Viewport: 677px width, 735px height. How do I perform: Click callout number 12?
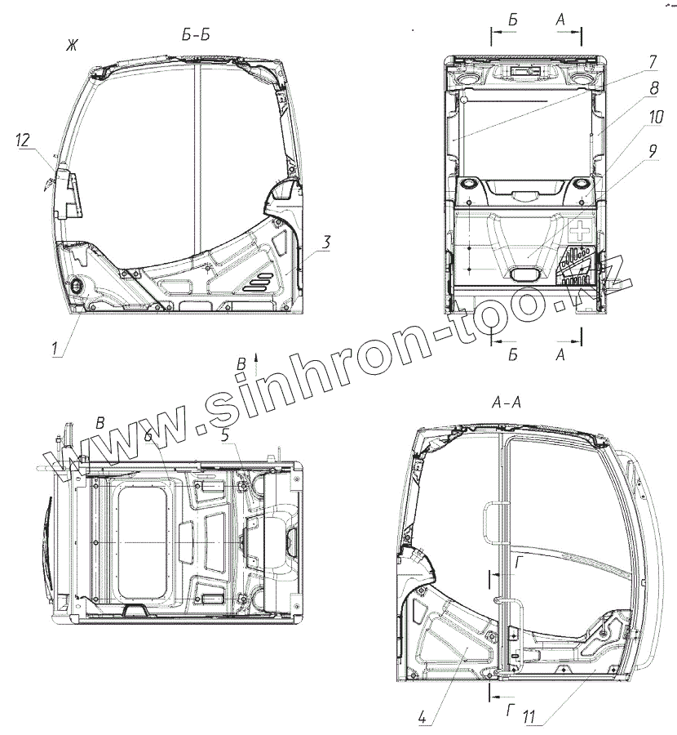click(x=23, y=140)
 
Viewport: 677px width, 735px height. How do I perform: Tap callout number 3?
click(x=326, y=243)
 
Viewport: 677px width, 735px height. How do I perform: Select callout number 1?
click(x=55, y=348)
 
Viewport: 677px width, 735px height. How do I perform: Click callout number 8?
click(x=654, y=88)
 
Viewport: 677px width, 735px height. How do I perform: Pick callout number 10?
click(x=656, y=117)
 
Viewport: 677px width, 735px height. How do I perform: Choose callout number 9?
click(x=653, y=151)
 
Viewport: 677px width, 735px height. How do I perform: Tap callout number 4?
click(x=422, y=718)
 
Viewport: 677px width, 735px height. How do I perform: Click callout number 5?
click(x=225, y=434)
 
